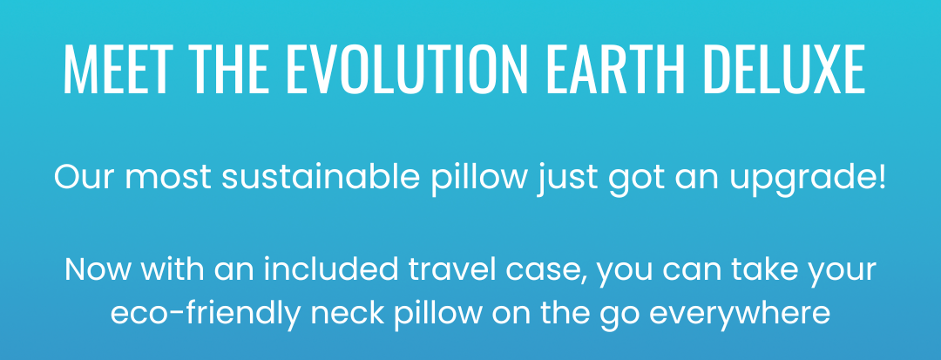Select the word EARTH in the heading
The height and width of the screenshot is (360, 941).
click(x=616, y=69)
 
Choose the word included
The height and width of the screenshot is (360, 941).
click(x=331, y=269)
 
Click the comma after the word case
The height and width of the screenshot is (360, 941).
click(x=587, y=282)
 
